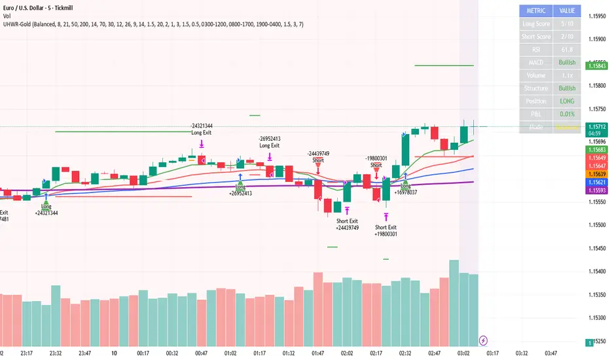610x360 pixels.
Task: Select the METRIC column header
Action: coord(536,10)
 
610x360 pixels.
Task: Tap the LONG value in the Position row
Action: coord(567,101)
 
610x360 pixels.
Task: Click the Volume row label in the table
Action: coord(536,75)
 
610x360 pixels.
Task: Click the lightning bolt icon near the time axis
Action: coord(483,340)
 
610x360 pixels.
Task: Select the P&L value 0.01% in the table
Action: coord(567,115)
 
